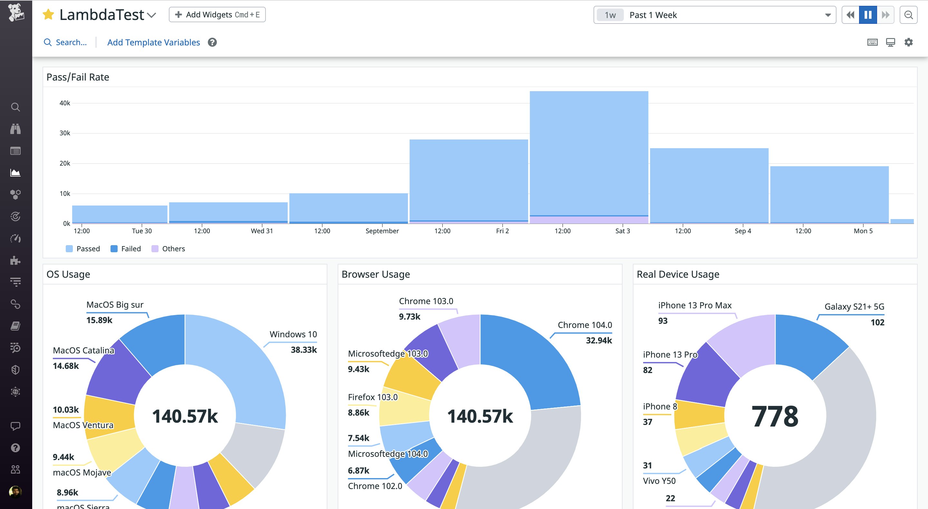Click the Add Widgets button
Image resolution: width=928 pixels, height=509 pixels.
[x=217, y=15]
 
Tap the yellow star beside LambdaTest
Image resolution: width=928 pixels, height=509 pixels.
[x=48, y=15]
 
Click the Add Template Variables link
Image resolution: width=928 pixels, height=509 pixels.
[x=153, y=43]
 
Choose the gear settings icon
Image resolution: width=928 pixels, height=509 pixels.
[x=909, y=43]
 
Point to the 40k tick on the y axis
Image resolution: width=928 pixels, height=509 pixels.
[x=65, y=103]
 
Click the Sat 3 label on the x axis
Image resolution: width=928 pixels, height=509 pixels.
[x=622, y=231]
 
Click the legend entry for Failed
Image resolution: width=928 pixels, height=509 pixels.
[x=126, y=249]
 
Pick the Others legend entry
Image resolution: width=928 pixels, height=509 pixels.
[x=168, y=249]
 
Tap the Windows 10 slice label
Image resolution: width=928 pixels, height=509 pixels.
[x=293, y=334]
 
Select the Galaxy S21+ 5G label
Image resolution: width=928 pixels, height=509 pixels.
[x=854, y=307]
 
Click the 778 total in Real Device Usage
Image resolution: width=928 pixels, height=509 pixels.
[x=775, y=416]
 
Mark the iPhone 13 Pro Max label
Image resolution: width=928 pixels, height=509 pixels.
[x=695, y=305]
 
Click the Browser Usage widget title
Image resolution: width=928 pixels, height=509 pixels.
[x=375, y=274]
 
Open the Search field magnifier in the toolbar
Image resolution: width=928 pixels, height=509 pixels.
[x=48, y=43]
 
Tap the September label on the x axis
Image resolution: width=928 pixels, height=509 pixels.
[x=382, y=231]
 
